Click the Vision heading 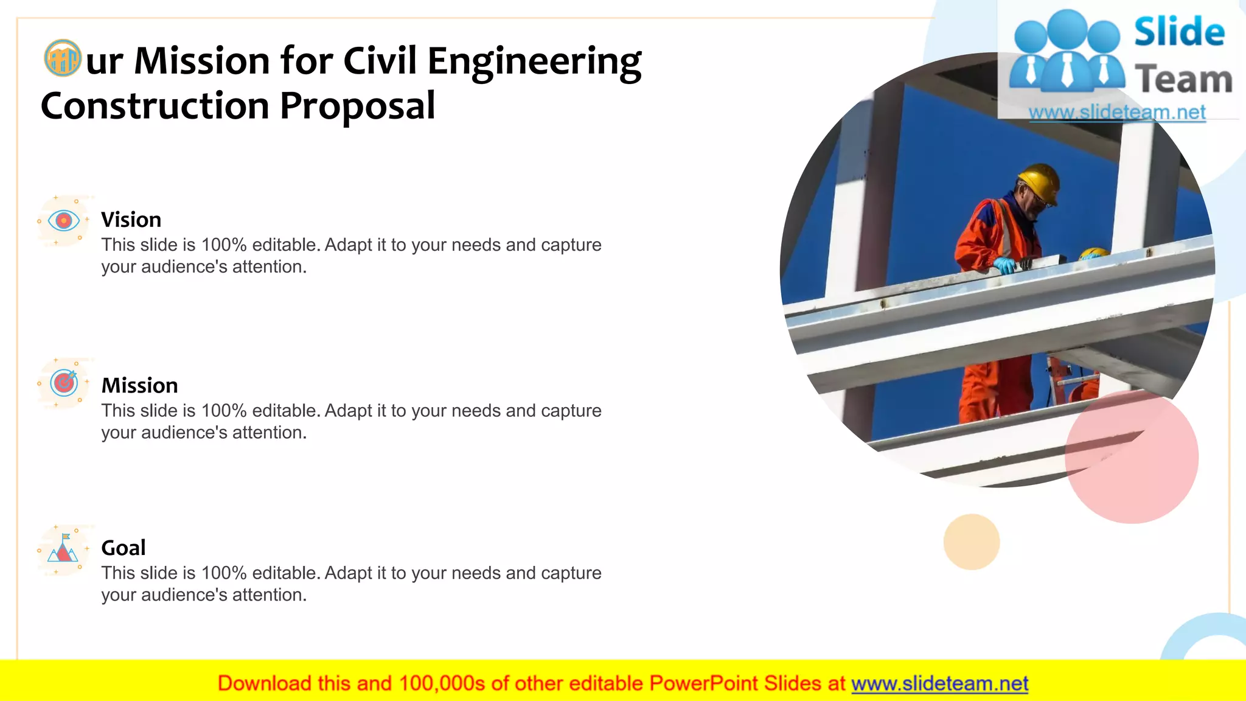tap(131, 220)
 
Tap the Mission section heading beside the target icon tap(139, 386)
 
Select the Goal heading tap(123, 548)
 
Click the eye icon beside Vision tap(64, 220)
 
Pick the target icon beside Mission tap(64, 383)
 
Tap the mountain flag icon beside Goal tap(63, 548)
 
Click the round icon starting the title tap(63, 58)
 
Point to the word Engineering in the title tap(534, 62)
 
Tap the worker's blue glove tap(1004, 265)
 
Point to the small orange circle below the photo tap(971, 542)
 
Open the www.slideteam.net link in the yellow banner tap(939, 684)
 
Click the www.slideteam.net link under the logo tap(1117, 113)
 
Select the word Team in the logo tap(1183, 80)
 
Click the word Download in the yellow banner tap(264, 684)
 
